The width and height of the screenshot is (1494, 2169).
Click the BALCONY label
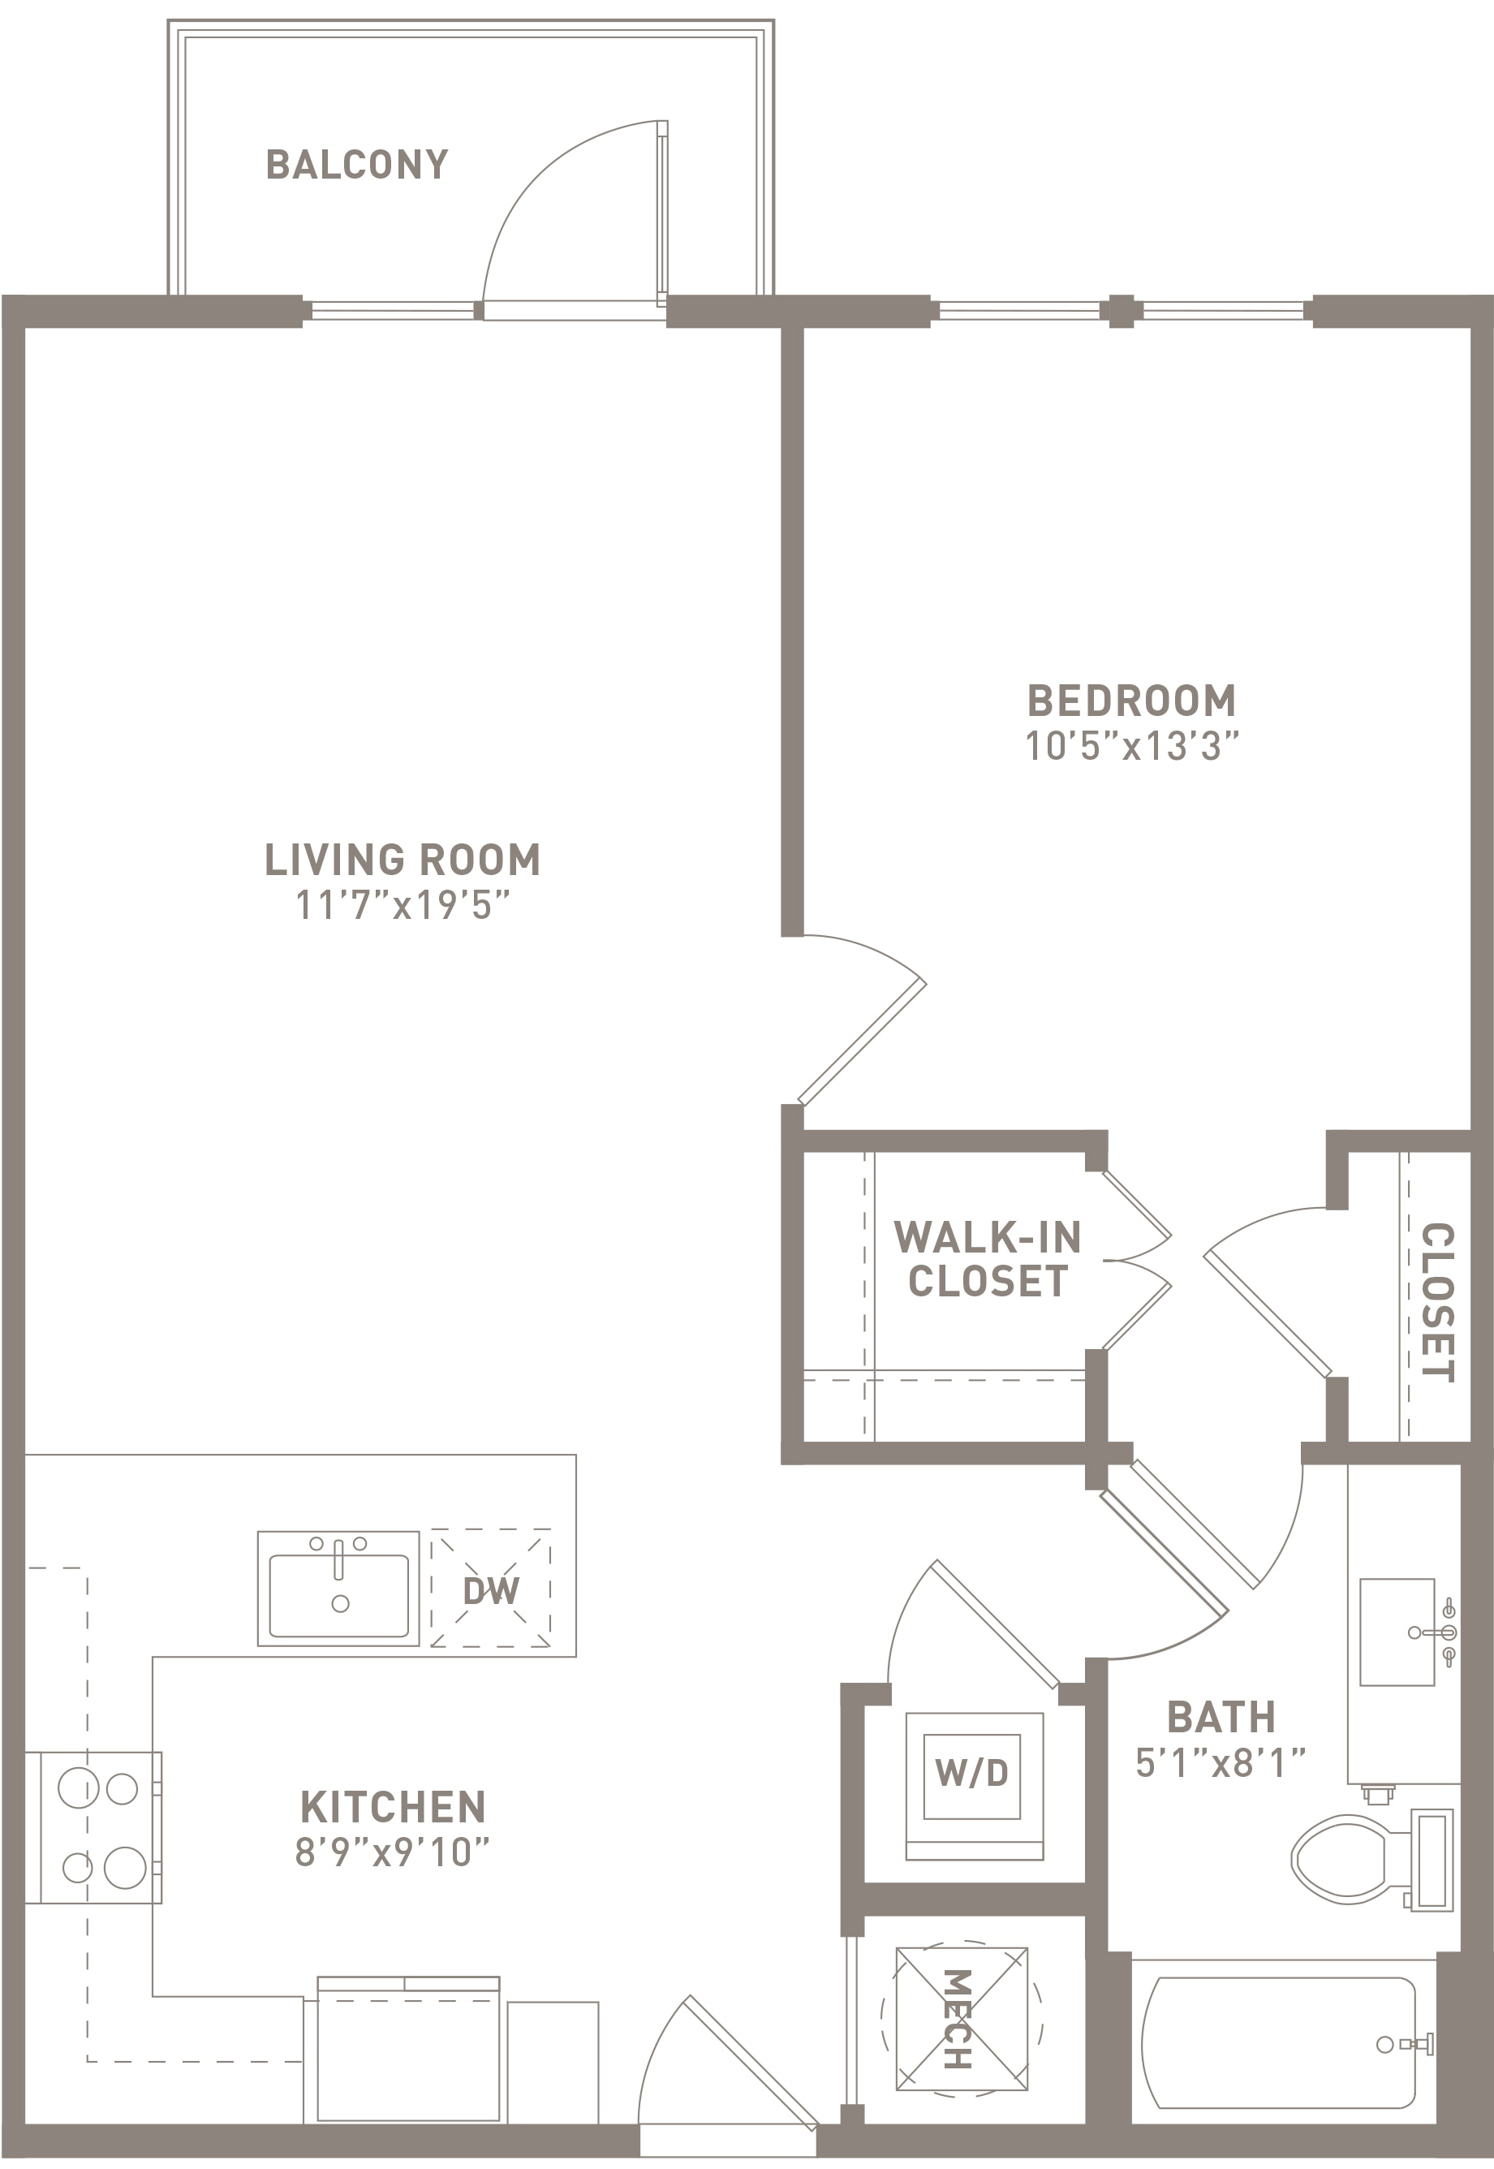click(x=358, y=165)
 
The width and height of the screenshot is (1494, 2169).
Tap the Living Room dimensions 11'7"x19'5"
click(x=403, y=905)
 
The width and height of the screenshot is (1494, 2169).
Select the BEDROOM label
click(x=1132, y=701)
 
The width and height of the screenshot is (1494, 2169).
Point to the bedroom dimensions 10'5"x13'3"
click(x=1132, y=747)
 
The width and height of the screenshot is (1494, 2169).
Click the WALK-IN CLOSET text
click(x=988, y=1259)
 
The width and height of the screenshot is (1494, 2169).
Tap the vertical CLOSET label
click(x=1437, y=1301)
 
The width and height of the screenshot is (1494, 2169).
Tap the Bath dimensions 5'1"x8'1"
click(x=1221, y=1763)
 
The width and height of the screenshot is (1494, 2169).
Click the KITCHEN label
click(x=393, y=1808)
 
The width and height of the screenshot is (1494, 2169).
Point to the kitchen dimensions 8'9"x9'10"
click(x=393, y=1852)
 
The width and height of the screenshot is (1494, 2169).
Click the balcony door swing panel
click(x=663, y=213)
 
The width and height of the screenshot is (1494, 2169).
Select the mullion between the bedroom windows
click(x=1121, y=311)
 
